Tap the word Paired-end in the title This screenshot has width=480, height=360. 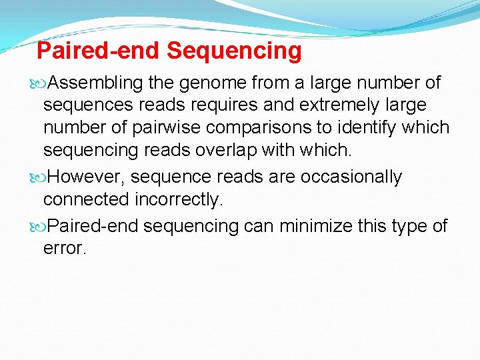click(99, 51)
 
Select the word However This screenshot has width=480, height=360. click(87, 177)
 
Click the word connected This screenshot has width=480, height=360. click(86, 199)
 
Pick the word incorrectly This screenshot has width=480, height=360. click(178, 199)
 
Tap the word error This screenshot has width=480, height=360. click(65, 249)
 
